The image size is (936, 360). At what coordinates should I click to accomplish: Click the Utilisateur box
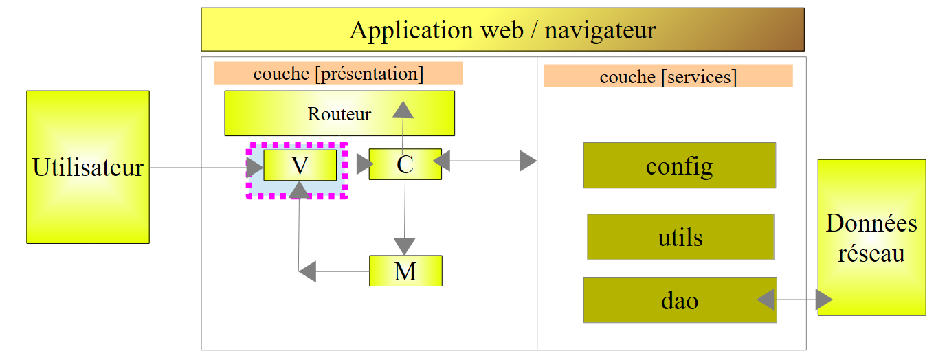(88, 167)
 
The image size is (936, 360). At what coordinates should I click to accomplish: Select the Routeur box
(339, 113)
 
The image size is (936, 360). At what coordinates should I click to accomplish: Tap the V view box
(300, 165)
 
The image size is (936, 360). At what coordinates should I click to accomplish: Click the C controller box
(405, 165)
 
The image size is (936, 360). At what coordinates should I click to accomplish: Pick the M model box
(405, 271)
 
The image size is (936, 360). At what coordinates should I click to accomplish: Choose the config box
(679, 166)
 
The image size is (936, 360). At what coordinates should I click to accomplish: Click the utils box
(680, 237)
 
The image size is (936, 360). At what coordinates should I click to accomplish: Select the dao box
(680, 300)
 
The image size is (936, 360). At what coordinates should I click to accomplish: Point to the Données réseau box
(871, 238)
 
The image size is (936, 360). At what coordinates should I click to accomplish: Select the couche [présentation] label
(338, 74)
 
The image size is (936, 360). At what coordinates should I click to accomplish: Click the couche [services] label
(668, 77)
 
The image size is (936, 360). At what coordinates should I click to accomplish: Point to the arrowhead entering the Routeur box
(403, 109)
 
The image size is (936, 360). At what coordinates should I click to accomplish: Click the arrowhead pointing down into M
(404, 246)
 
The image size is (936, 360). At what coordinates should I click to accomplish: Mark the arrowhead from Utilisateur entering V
(255, 167)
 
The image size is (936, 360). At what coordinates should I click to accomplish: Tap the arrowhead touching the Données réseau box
(823, 300)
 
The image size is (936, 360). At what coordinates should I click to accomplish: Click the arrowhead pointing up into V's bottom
(298, 189)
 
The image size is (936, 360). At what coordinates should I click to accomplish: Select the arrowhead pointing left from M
(308, 271)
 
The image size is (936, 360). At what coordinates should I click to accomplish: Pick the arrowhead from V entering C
(364, 164)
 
